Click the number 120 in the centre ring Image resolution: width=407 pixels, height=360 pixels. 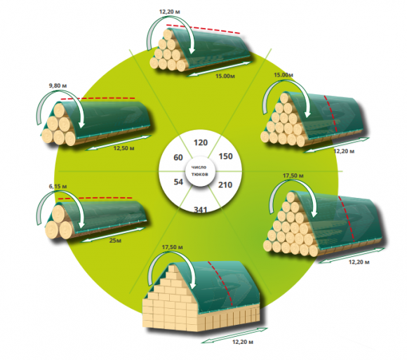coord(201,142)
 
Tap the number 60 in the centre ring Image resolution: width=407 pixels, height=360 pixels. coord(178,157)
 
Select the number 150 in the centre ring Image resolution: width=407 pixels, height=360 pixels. coord(225,156)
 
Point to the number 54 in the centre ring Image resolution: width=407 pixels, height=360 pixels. coord(178,182)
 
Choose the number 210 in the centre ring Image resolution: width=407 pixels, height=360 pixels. coord(225,185)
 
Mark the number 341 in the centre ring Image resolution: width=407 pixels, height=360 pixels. coord(201,209)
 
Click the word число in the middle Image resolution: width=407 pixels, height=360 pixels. coord(199,168)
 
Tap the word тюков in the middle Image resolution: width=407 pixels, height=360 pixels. coord(199,175)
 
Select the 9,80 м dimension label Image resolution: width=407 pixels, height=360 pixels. coord(58,86)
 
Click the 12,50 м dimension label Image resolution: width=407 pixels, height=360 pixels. coord(124,148)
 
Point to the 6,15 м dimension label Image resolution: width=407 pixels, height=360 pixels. coord(58,187)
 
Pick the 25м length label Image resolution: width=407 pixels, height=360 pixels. coord(115,240)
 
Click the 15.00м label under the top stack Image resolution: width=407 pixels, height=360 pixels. coord(225,76)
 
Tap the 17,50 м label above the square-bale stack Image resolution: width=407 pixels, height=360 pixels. coord(172,247)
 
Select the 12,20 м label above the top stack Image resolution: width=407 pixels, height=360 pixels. coord(170,12)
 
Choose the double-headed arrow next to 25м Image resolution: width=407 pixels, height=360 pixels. coord(113,234)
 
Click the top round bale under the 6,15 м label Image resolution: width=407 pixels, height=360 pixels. coord(59,213)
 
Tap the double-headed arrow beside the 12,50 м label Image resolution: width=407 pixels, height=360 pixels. coord(118,142)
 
